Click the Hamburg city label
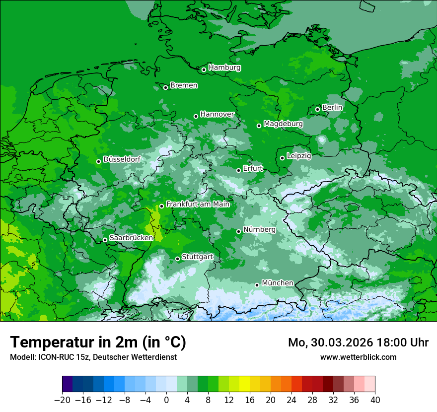point(224,68)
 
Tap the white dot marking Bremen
point(166,87)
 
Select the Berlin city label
point(332,107)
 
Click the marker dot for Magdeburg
point(259,126)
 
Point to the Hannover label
point(217,114)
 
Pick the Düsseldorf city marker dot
point(98,161)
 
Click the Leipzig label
point(299,156)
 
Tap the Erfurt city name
point(253,168)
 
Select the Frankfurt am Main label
point(198,204)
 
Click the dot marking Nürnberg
point(239,231)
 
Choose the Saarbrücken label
point(131,238)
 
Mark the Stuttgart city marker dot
point(177,259)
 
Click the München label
point(277,283)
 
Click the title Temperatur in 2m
point(98,342)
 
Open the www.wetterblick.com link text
point(358,357)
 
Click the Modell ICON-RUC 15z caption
point(93,357)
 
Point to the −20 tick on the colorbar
point(63,400)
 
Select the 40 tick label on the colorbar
point(375,400)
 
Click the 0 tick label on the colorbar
point(166,400)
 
